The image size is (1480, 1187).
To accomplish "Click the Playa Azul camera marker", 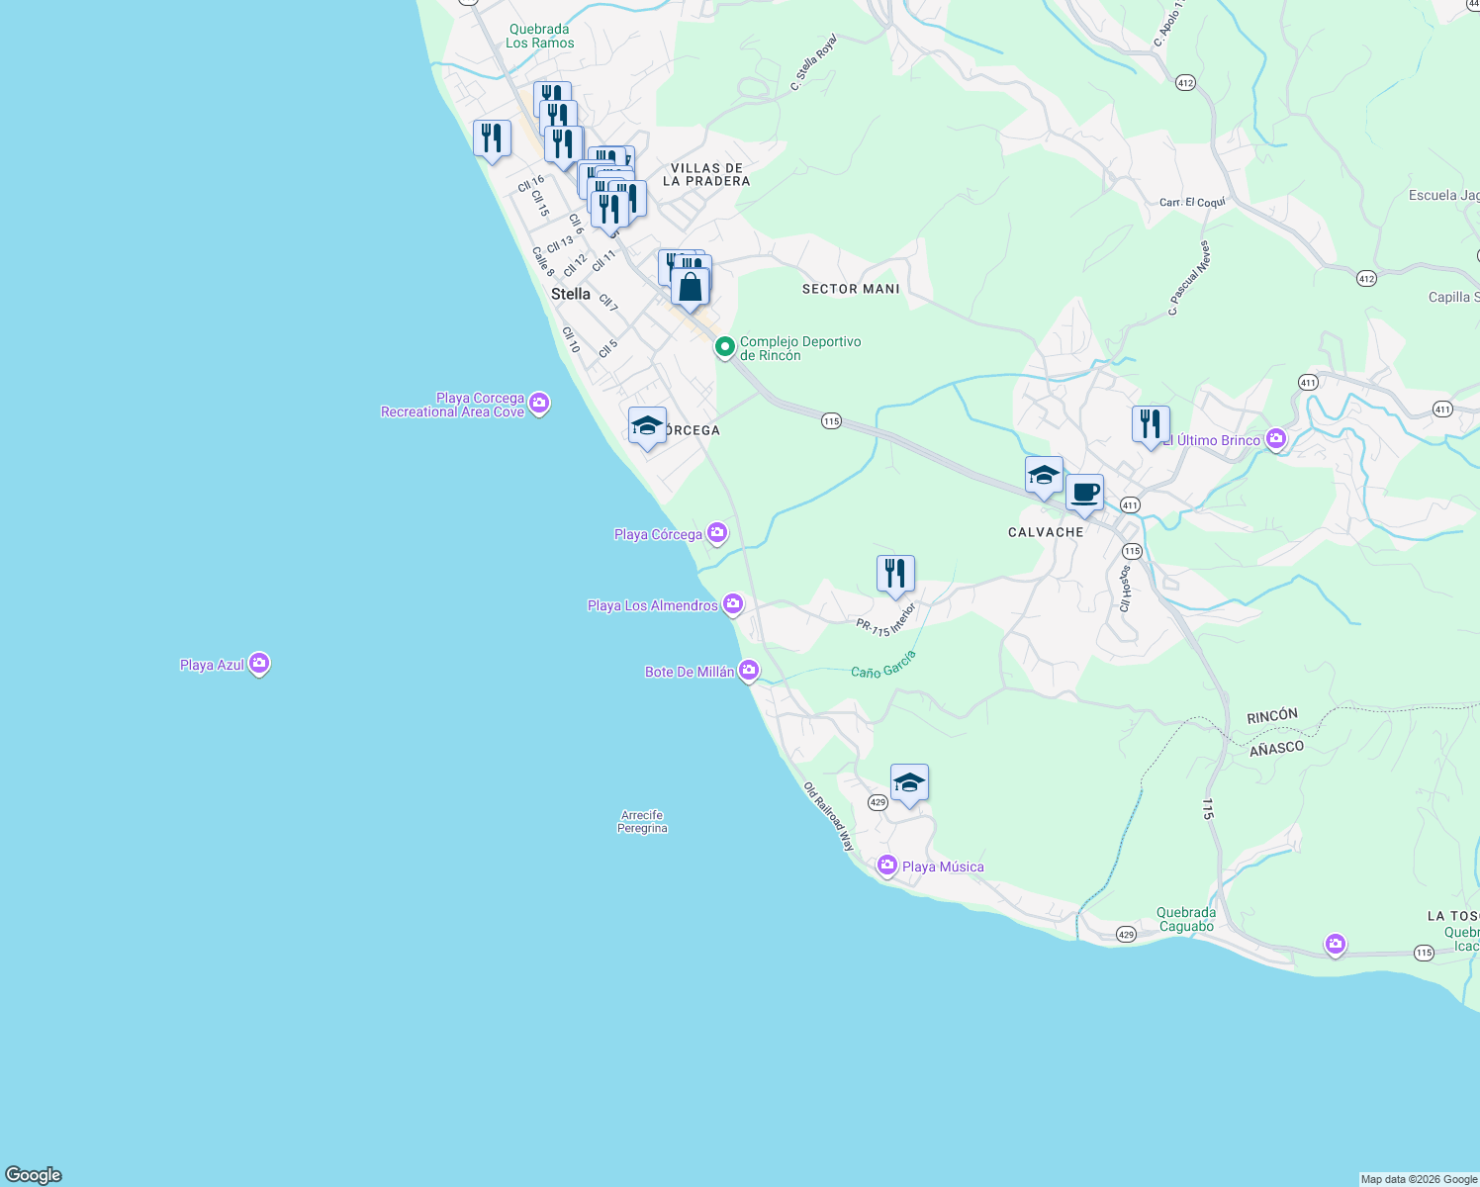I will (259, 664).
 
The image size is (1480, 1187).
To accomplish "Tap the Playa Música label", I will (943, 867).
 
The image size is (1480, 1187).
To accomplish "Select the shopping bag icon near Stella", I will (691, 288).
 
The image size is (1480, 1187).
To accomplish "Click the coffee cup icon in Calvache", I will (1085, 493).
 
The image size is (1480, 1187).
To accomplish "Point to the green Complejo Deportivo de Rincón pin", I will (724, 347).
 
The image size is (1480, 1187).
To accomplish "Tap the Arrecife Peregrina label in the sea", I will (642, 822).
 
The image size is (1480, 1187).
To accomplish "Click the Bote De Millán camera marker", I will (749, 672).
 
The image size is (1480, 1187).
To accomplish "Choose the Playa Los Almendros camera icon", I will (733, 603).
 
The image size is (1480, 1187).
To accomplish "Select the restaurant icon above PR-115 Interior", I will (895, 574).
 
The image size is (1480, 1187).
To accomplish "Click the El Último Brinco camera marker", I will (1276, 438).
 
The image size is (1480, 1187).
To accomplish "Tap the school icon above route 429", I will (909, 783).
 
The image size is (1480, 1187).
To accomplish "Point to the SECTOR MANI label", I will (851, 289).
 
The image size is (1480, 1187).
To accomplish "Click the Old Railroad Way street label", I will (829, 817).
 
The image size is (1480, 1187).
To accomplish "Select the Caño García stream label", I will (883, 665).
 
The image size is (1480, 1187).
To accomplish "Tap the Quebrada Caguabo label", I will (1186, 920).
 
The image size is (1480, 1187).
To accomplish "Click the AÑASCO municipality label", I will (1276, 749).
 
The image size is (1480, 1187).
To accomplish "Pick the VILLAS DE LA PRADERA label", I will (706, 175).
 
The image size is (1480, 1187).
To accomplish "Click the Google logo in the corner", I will (34, 1175).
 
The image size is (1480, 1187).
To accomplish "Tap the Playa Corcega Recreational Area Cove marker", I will (539, 403).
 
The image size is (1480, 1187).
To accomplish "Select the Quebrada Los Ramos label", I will (539, 37).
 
